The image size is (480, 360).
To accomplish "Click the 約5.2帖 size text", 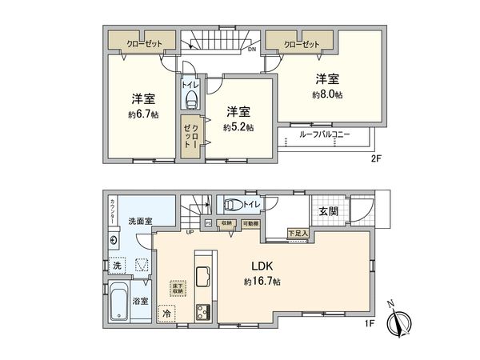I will pos(238,126).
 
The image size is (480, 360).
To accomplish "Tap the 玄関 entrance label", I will pos(328,211).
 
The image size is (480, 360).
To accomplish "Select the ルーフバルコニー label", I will pos(325,135).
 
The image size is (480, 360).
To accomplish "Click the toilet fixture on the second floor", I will pos(191,98).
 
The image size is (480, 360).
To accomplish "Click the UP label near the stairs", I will pos(190,233).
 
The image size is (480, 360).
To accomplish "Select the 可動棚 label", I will pos(250,223).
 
